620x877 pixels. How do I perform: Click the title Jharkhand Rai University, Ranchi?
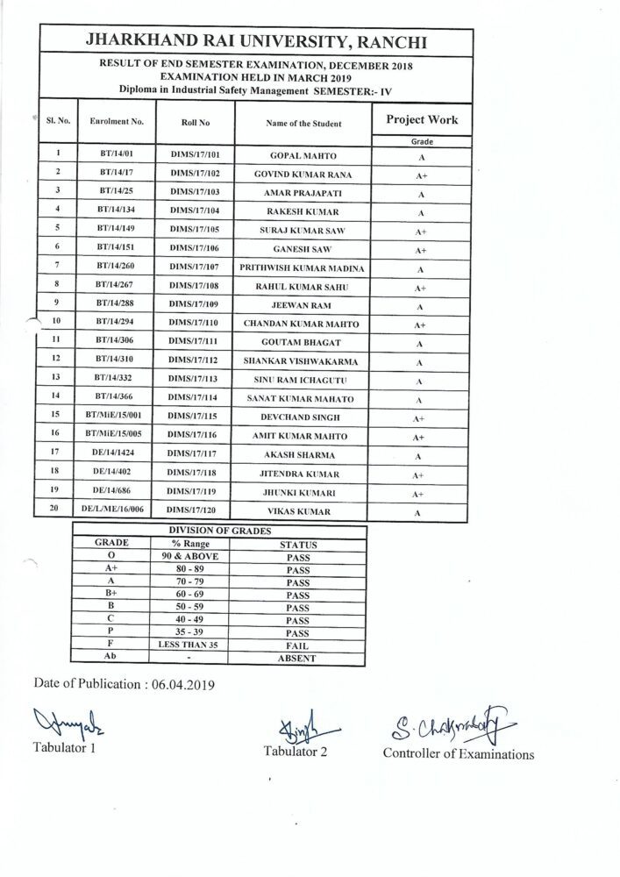click(256, 41)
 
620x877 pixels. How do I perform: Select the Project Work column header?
click(422, 120)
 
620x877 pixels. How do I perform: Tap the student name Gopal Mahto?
click(303, 155)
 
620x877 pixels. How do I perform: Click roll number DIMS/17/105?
click(194, 231)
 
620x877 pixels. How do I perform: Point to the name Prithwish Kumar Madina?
click(303, 268)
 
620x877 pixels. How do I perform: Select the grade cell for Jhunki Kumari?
click(420, 494)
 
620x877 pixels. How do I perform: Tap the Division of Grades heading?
click(219, 531)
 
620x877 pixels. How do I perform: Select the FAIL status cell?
click(298, 645)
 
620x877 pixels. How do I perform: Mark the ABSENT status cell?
click(298, 659)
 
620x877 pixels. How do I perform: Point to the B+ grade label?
click(110, 595)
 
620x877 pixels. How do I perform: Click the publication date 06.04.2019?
click(183, 684)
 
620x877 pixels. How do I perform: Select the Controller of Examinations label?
click(458, 754)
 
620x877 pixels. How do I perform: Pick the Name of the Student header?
click(303, 124)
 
